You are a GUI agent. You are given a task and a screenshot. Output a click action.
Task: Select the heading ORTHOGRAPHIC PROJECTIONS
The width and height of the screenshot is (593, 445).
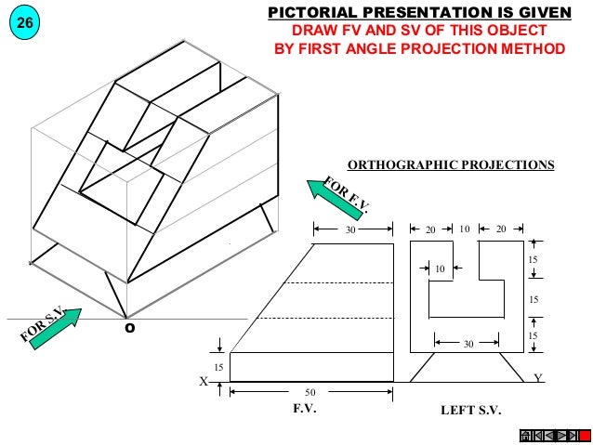[450, 165]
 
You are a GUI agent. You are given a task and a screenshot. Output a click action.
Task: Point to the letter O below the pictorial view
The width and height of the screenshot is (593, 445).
[129, 327]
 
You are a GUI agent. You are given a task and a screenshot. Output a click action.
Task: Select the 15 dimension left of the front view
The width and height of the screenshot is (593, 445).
[219, 368]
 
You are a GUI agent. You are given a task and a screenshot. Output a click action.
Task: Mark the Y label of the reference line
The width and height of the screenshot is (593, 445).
[537, 378]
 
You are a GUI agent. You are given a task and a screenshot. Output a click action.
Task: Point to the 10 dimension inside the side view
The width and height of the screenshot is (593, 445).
[438, 269]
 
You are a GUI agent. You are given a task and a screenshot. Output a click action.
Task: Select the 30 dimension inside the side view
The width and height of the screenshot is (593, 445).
[468, 343]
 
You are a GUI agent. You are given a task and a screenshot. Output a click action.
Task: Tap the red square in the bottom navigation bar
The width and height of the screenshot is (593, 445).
[585, 436]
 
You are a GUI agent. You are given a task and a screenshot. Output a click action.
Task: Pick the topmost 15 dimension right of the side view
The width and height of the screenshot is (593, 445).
[534, 259]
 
